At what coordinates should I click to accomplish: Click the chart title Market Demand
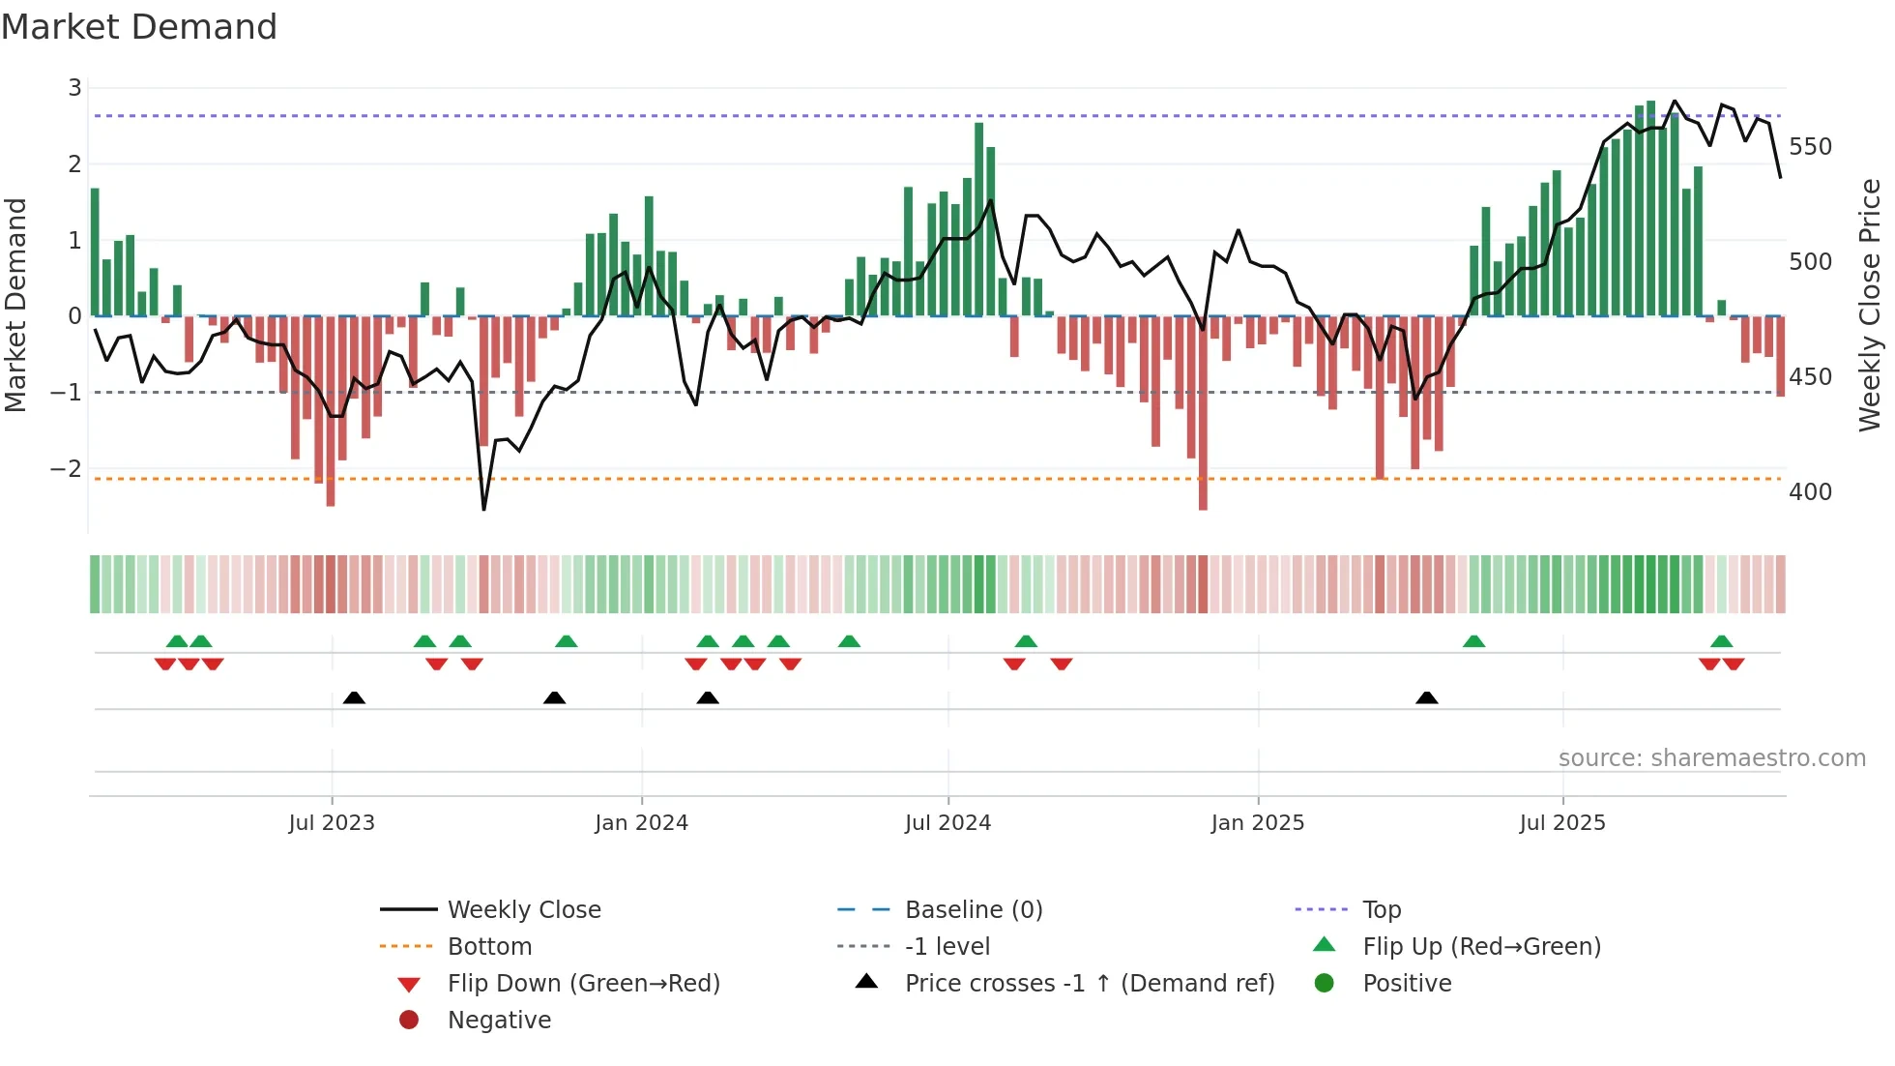[139, 27]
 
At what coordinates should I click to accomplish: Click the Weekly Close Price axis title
[1870, 305]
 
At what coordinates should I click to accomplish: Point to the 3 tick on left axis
[74, 88]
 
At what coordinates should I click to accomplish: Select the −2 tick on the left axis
[67, 469]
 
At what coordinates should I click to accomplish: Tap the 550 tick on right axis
[1810, 147]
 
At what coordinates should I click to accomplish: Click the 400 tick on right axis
[1810, 492]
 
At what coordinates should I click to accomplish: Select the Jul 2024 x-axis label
[947, 823]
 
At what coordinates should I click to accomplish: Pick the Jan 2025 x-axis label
[1257, 823]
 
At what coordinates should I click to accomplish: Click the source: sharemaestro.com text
[1711, 758]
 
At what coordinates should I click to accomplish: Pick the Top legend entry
[1382, 910]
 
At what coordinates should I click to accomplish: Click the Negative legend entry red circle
[409, 1021]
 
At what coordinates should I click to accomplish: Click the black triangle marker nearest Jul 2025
[1426, 697]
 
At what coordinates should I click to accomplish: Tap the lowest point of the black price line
[483, 509]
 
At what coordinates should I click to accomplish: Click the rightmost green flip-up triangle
[1721, 641]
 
